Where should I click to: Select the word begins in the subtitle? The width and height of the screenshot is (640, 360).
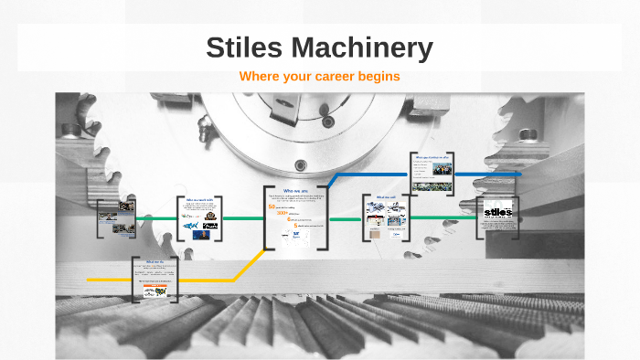point(379,77)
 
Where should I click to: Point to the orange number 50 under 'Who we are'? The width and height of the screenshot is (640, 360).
point(272,206)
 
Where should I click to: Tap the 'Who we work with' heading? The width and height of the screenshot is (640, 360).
point(198,199)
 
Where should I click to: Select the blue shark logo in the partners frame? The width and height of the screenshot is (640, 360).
point(190,226)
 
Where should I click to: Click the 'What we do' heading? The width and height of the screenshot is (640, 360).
point(153,262)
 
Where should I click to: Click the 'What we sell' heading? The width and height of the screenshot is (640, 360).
point(384,196)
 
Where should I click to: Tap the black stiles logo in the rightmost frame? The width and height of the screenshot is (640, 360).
point(498,212)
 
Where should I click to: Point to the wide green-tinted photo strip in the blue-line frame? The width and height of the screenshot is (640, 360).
point(432,186)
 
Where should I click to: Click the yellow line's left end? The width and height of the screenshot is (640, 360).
point(89,279)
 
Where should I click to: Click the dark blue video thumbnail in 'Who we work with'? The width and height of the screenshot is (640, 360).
point(211,235)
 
